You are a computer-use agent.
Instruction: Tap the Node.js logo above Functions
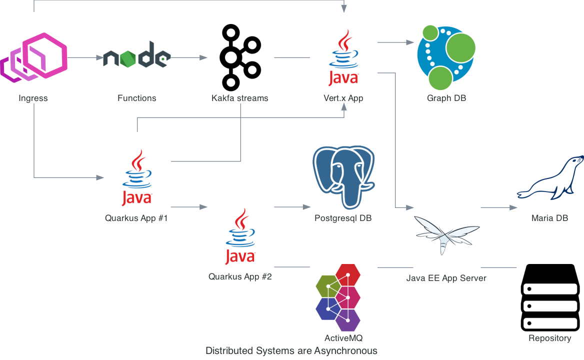pyautogui.click(x=136, y=57)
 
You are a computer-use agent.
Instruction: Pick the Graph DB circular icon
pyautogui.click(x=446, y=56)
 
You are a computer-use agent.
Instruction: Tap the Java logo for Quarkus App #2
pyautogui.click(x=240, y=236)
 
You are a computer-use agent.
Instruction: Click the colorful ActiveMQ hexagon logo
pyautogui.click(x=338, y=297)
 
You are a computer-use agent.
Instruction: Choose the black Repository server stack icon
pyautogui.click(x=550, y=297)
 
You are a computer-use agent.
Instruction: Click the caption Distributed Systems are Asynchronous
pyautogui.click(x=291, y=350)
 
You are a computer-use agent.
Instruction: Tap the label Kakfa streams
pyautogui.click(x=240, y=98)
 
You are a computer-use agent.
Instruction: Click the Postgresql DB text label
pyautogui.click(x=343, y=218)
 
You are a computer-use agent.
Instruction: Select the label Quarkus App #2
pyautogui.click(x=240, y=276)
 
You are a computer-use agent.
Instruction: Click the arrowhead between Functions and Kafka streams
pyautogui.click(x=203, y=57)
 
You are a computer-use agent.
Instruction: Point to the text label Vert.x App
pyautogui.click(x=343, y=98)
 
